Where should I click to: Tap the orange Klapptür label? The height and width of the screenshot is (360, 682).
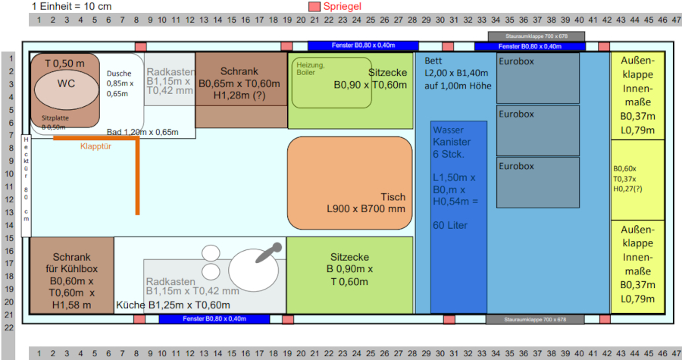coord(96,147)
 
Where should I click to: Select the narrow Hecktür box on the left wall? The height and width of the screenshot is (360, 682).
coord(26,180)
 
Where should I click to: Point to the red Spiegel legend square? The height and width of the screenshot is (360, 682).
coord(314,7)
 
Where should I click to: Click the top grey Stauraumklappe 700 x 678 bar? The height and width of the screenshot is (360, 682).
coord(536,36)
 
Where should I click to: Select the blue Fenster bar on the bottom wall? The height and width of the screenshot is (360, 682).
coord(214,319)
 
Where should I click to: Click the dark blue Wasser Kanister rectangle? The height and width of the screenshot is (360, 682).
coord(458,216)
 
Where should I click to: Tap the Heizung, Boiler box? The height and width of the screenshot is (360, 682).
coord(331,82)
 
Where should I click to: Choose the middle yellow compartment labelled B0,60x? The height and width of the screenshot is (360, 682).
coord(637,179)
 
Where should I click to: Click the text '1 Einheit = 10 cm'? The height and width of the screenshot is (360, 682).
coord(72,6)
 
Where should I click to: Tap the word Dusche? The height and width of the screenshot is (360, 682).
coord(120,74)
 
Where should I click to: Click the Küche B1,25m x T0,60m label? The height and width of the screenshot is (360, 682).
coord(173,305)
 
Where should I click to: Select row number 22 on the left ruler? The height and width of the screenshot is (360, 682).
coord(9,327)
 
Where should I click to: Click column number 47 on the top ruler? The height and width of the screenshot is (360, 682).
coord(674,19)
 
